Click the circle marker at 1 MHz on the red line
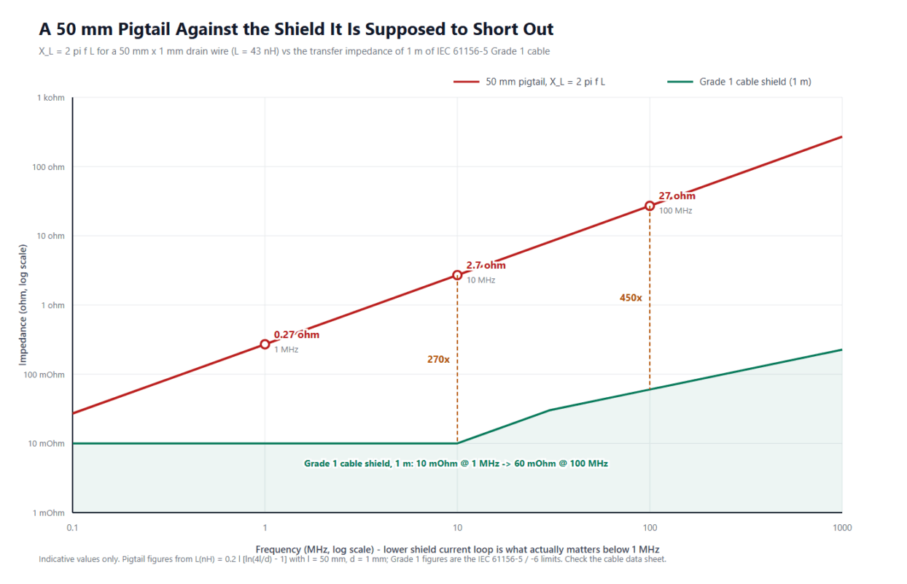point(265,344)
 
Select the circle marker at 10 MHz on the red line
point(457,275)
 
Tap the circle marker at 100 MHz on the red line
point(650,206)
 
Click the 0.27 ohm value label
point(297,334)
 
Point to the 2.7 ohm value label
point(486,265)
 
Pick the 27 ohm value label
point(677,196)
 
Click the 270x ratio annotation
point(438,359)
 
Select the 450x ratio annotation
point(631,298)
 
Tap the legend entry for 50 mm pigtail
point(529,82)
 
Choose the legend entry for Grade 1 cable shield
point(739,82)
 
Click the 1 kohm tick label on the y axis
point(50,98)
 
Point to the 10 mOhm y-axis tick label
point(46,443)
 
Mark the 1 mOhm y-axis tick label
point(49,512)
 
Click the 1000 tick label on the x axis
point(842,527)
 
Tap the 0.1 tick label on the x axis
point(72,527)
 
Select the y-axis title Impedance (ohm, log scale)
point(23,304)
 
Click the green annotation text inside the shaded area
point(456,464)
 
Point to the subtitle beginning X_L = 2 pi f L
point(295,52)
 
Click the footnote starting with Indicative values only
point(352,559)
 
